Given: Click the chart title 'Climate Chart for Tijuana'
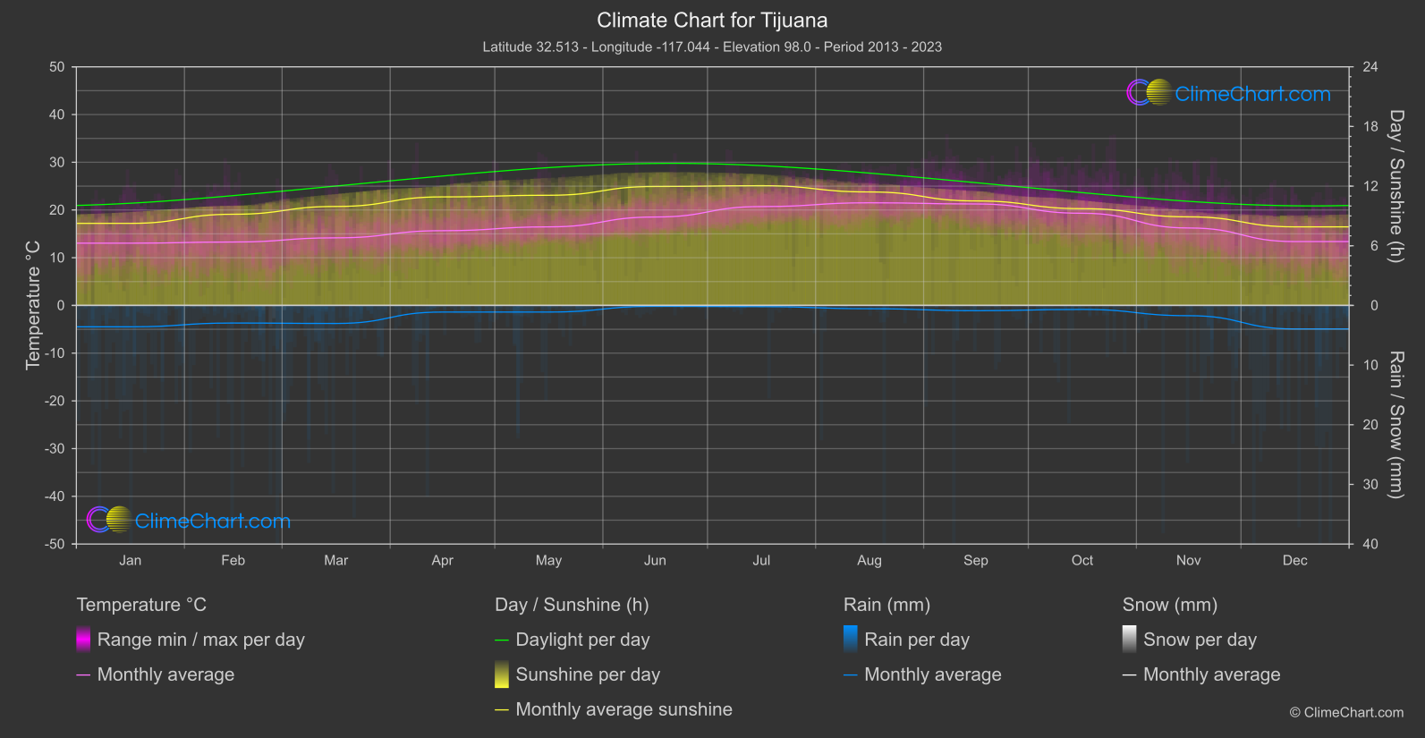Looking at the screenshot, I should (x=712, y=21).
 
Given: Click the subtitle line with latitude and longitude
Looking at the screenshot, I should (x=712, y=47).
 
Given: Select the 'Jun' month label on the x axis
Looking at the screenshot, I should (x=655, y=560).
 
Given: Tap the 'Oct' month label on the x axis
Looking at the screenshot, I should (x=1081, y=560).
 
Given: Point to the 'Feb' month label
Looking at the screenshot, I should (x=233, y=560).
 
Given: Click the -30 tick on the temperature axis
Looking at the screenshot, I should (x=55, y=448).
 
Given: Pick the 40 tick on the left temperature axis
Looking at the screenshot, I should (x=56, y=115).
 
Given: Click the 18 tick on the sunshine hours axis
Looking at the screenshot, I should (x=1370, y=126).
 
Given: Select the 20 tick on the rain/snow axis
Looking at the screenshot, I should (x=1370, y=424).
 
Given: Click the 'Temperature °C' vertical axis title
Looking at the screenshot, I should (x=33, y=304).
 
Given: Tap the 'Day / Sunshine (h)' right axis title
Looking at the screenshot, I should (x=1395, y=186).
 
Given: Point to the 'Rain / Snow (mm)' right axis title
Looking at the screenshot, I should (x=1395, y=424).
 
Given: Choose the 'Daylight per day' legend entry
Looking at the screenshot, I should (x=582, y=640).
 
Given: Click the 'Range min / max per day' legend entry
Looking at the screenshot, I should (x=200, y=640).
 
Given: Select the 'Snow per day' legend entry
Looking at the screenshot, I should (x=1200, y=640).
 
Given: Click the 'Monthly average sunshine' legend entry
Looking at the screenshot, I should (x=623, y=709).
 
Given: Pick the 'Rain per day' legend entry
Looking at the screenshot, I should (x=916, y=640).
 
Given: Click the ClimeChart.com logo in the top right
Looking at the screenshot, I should (x=1229, y=93).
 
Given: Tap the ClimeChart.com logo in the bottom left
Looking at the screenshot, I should (x=189, y=521).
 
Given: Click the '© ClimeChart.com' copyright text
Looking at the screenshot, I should (x=1346, y=712).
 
